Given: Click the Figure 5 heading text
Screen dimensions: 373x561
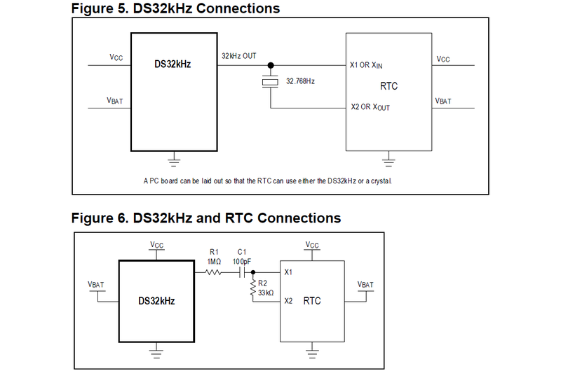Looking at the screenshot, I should [x=175, y=8].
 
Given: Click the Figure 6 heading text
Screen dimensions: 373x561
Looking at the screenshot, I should [x=206, y=218].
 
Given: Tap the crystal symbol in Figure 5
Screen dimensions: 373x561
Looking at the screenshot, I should [x=270, y=83].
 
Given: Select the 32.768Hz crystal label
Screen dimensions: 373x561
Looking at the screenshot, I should [x=300, y=81].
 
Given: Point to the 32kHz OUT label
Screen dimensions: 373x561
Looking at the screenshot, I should [x=239, y=55].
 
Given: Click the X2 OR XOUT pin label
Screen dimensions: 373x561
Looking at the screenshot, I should [x=370, y=108].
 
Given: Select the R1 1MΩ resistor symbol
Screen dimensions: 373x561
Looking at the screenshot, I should [x=212, y=272].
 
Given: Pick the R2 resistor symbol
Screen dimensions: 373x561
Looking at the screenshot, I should [x=252, y=288].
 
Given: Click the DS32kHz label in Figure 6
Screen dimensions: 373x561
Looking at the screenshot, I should [x=156, y=301].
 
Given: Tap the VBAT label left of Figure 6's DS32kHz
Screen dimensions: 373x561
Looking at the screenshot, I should [x=96, y=285].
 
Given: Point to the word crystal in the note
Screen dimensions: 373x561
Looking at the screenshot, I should [x=379, y=181].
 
